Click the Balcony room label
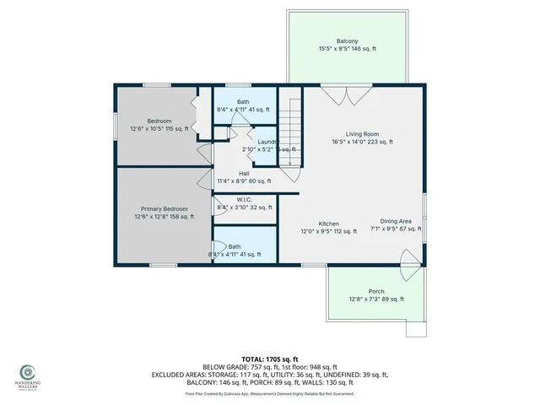pos(346,40)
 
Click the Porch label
pos(375,291)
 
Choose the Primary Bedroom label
pos(164,208)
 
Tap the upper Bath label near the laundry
pos(243,102)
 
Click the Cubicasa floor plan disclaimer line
pos(269,393)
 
